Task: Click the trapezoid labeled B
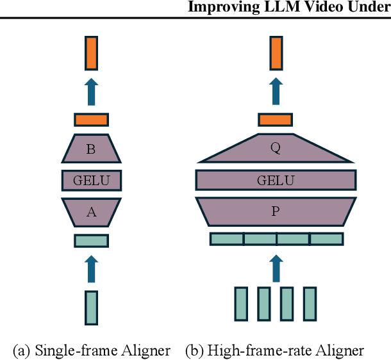[x=91, y=149]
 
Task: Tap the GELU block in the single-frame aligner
[x=91, y=181]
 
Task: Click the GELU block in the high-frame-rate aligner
[x=276, y=180]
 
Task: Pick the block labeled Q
[x=276, y=149]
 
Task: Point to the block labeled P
[x=276, y=211]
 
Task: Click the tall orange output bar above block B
[x=91, y=53]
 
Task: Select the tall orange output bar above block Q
[x=276, y=53]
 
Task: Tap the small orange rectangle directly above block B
[x=91, y=120]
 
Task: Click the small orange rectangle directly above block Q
[x=276, y=120]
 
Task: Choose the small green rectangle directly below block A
[x=91, y=241]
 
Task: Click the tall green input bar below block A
[x=91, y=307]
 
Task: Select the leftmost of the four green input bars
[x=241, y=304]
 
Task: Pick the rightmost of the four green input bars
[x=310, y=304]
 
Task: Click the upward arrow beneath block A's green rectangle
[x=91, y=268]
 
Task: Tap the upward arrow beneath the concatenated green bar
[x=276, y=268]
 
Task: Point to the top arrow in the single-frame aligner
[x=91, y=91]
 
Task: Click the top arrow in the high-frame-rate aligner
[x=276, y=91]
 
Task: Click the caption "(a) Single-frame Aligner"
[x=92, y=350]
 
